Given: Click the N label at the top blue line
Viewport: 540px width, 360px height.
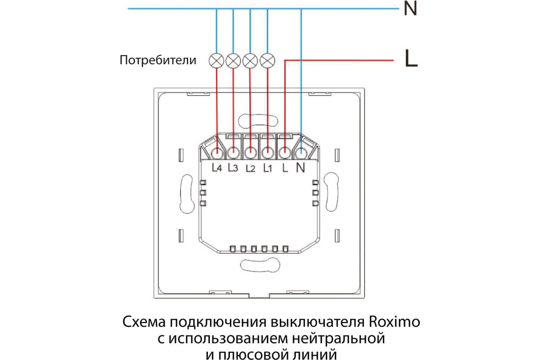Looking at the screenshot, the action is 410,9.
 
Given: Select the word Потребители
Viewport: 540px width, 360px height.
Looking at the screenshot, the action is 158,60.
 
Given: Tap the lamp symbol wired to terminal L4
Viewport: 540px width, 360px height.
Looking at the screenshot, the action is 216,60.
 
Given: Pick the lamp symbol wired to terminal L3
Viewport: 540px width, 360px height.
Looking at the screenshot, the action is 233,60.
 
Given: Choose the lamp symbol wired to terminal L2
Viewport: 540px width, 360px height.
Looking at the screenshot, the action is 250,60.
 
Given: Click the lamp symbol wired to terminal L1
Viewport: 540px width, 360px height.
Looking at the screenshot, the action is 267,60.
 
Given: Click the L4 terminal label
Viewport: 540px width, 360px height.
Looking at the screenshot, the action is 217,167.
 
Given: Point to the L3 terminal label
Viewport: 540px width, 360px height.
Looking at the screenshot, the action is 233,167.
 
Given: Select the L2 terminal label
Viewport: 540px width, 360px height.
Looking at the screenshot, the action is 251,168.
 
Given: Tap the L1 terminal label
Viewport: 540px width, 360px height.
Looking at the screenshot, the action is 267,168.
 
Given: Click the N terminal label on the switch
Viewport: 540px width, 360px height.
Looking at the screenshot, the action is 301,167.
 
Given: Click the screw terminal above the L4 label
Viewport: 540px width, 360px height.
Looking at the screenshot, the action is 217,153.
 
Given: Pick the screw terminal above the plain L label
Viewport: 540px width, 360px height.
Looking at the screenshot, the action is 285,153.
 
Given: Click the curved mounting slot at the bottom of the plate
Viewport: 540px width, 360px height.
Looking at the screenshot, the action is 260,265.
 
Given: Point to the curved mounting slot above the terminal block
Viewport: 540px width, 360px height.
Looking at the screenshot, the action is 258,121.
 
